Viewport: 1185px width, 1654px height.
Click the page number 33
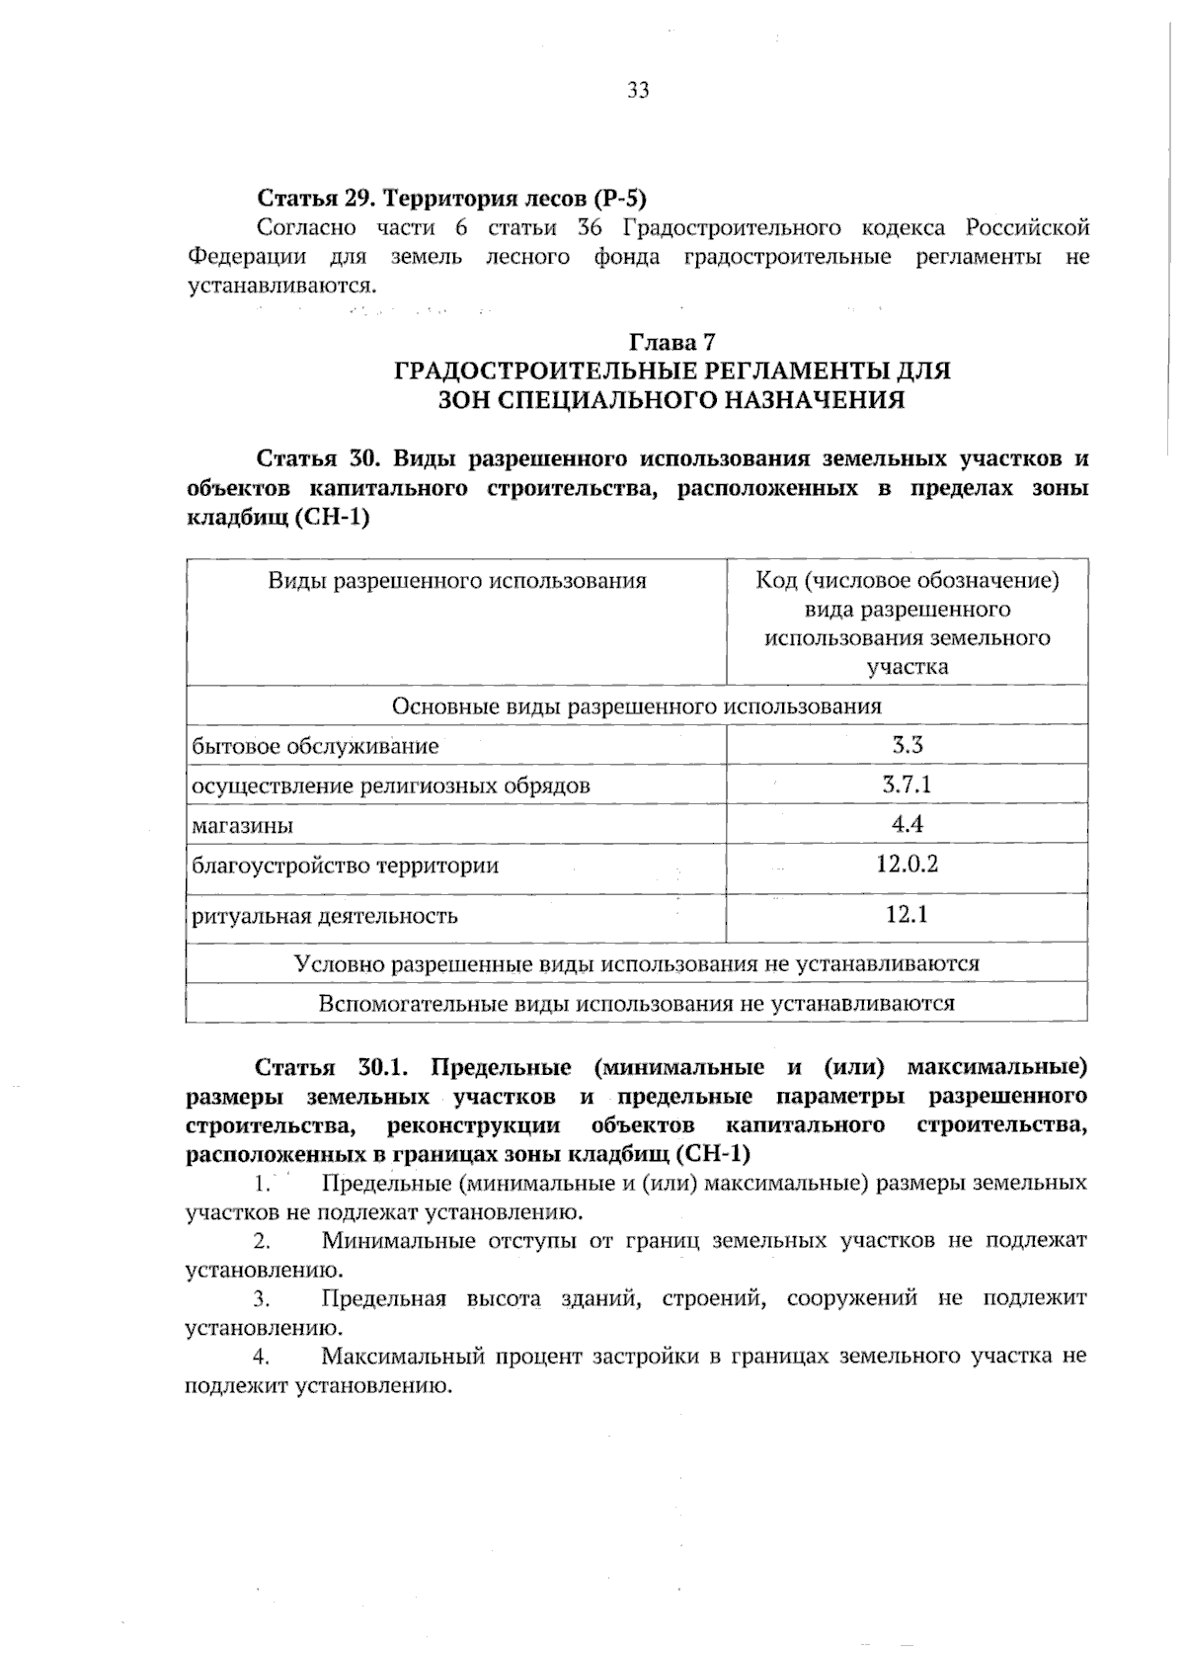[x=637, y=92]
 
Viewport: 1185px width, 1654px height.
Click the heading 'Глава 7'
[x=671, y=343]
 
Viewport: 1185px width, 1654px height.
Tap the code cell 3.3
[x=907, y=745]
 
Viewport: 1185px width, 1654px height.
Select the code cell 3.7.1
[x=907, y=786]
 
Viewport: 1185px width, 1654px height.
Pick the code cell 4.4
[x=907, y=825]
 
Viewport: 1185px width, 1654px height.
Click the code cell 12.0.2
[x=907, y=865]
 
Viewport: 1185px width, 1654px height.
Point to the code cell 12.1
[x=907, y=915]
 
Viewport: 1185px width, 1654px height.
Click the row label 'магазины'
[x=242, y=826]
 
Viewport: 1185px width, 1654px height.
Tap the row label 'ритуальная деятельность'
[x=324, y=916]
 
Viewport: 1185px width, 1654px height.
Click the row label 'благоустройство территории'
[x=345, y=867]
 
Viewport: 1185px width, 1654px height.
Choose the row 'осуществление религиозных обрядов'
[x=391, y=786]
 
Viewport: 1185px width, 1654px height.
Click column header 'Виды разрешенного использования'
[x=456, y=581]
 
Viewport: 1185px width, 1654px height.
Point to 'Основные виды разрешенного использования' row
[x=636, y=706]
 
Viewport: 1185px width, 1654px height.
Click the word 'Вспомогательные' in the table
[x=414, y=1004]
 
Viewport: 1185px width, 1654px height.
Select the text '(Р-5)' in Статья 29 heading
[x=619, y=199]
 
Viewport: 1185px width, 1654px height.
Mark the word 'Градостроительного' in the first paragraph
[x=732, y=228]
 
